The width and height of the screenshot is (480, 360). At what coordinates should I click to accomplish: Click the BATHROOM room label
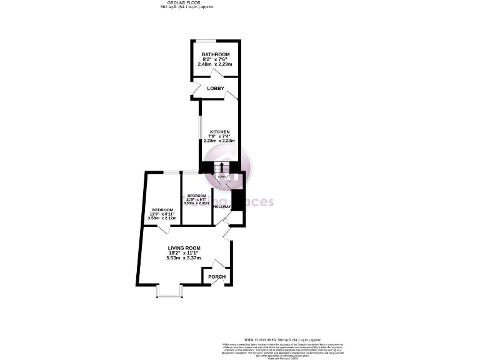click(x=216, y=54)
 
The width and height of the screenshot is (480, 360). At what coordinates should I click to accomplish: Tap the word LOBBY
click(x=216, y=89)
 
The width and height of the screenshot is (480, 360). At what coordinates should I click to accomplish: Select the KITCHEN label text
click(x=219, y=132)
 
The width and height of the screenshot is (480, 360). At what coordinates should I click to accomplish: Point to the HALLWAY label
click(x=222, y=206)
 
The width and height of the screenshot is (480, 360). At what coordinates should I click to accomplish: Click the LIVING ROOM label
click(x=184, y=248)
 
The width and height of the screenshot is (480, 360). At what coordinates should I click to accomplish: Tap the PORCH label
click(x=216, y=277)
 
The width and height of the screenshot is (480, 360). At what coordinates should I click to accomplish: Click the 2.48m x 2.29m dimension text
click(x=216, y=64)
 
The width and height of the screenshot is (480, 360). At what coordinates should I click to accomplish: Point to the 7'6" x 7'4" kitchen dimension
click(x=219, y=136)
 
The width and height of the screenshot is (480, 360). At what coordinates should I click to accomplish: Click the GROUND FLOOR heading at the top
click(x=187, y=3)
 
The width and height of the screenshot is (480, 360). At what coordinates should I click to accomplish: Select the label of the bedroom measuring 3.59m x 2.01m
click(x=196, y=196)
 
